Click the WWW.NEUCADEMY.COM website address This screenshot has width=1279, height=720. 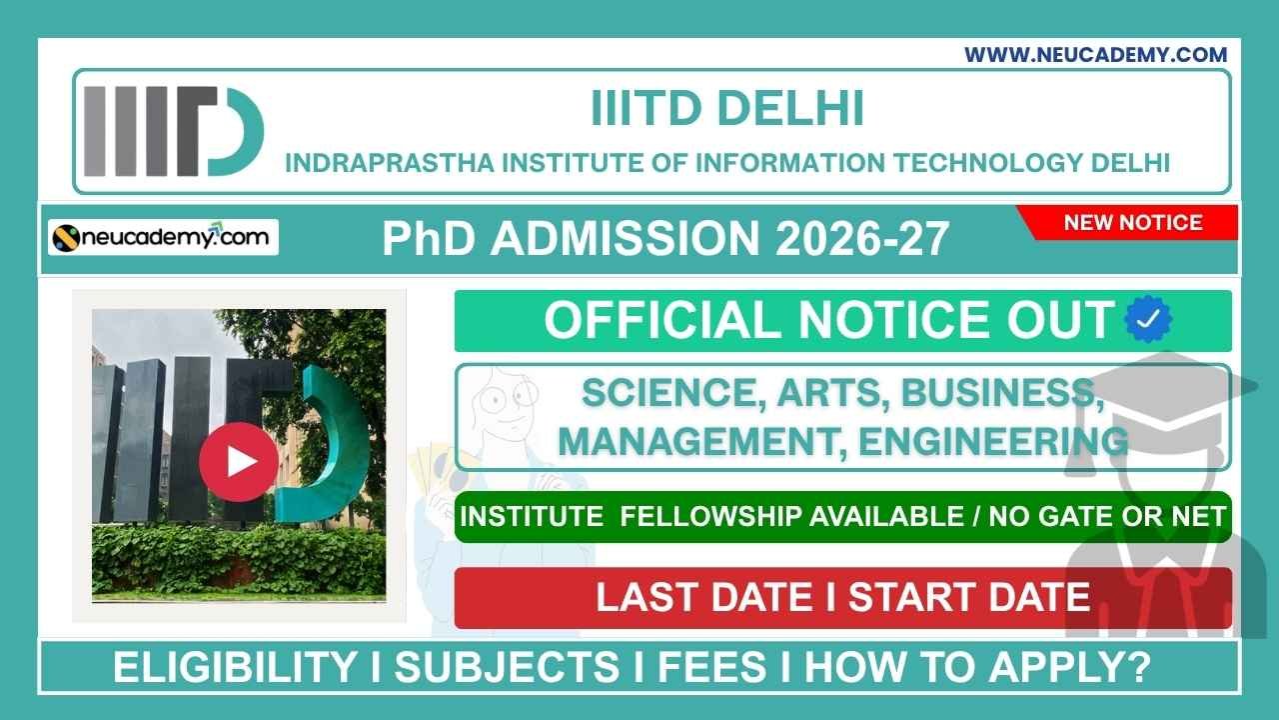(x=1095, y=55)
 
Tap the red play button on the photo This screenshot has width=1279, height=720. (x=239, y=461)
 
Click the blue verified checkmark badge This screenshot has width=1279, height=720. (x=1148, y=320)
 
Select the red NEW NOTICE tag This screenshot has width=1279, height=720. (x=1132, y=222)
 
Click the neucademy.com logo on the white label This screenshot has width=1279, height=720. (x=164, y=237)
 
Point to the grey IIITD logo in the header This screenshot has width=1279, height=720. (x=173, y=131)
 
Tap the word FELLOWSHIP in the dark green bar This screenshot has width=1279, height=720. (x=710, y=516)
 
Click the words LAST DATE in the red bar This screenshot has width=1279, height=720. (x=704, y=597)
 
